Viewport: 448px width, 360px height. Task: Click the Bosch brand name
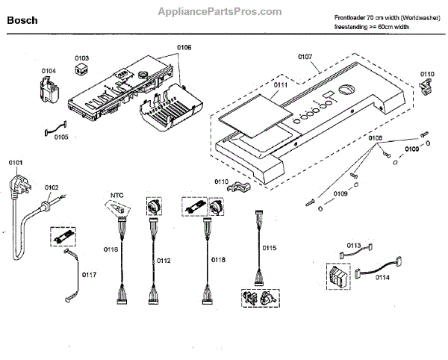[22, 22]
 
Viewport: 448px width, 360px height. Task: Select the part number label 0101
[16, 162]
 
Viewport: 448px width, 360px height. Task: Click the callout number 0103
[81, 58]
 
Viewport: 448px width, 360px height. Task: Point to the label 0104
[49, 71]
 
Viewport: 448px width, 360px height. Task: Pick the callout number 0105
[60, 137]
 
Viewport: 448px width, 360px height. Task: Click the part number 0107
[305, 56]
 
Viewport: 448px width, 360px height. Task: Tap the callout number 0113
[355, 245]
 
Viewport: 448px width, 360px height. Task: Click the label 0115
[269, 247]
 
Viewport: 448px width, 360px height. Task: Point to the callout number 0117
[89, 274]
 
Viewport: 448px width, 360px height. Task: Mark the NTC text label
[116, 196]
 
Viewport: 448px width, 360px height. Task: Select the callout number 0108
[376, 138]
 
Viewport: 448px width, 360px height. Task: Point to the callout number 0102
[52, 187]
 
